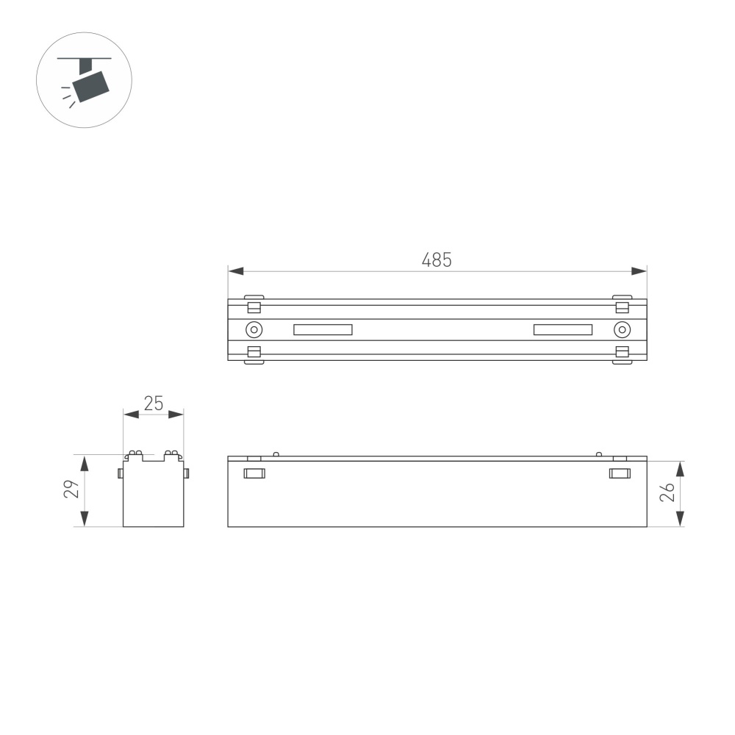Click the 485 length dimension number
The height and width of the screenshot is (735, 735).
(437, 259)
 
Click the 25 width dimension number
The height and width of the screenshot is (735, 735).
(153, 403)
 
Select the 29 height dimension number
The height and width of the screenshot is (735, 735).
(71, 490)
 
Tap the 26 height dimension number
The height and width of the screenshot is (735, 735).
(667, 492)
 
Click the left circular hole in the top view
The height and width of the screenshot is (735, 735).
(254, 329)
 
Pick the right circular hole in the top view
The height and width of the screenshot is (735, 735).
(621, 329)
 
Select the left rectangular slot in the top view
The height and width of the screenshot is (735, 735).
(323, 329)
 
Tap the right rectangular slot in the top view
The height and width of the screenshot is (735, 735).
(563, 329)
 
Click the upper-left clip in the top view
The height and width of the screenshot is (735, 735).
(254, 305)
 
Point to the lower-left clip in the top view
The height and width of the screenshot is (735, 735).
(254, 354)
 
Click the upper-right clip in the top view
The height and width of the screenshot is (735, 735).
(621, 305)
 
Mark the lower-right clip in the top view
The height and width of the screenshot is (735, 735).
(621, 354)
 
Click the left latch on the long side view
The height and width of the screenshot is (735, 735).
(254, 473)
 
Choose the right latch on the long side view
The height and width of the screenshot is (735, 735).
(620, 473)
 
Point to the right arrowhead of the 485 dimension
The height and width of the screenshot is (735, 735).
(639, 271)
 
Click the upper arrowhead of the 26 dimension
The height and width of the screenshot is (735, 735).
(680, 468)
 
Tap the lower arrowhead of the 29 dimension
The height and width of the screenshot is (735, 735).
(85, 519)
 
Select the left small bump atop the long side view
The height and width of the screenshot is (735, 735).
(276, 453)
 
